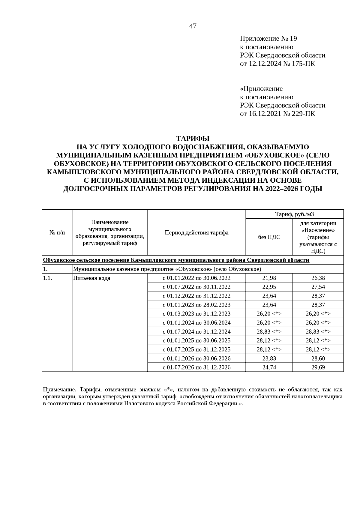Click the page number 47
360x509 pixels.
(x=193, y=26)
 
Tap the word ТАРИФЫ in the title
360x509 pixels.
(x=193, y=139)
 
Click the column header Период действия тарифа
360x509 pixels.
(x=196, y=233)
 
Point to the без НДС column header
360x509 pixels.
(x=269, y=237)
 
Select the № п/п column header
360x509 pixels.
(x=57, y=233)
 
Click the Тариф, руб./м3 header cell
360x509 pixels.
(x=295, y=214)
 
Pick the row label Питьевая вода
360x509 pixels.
(x=92, y=278)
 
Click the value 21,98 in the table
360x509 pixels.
(x=269, y=278)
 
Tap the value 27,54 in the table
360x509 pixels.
(x=318, y=287)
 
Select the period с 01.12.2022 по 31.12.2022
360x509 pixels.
(x=196, y=296)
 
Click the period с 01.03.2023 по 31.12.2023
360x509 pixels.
(x=196, y=314)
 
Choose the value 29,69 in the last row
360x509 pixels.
(x=318, y=367)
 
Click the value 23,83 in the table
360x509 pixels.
(x=269, y=358)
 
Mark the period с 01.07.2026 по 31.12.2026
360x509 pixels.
(x=196, y=367)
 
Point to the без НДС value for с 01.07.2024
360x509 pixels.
(x=269, y=332)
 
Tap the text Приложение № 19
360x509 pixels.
(x=268, y=39)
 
